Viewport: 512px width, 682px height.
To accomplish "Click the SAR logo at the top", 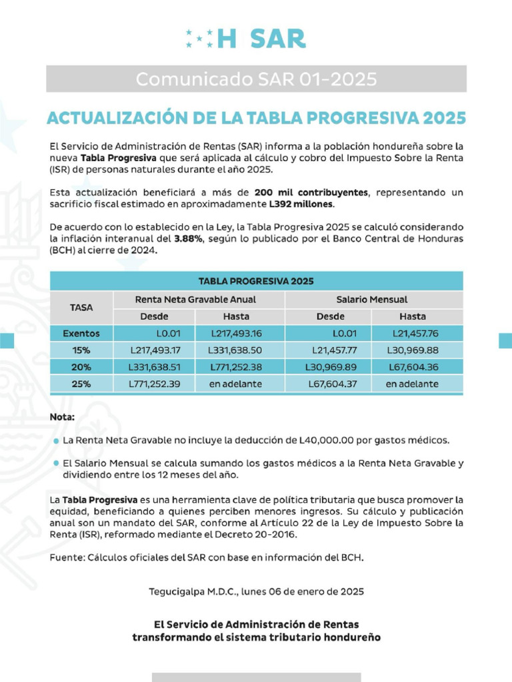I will pos(246,39).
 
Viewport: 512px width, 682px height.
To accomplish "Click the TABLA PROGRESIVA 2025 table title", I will pos(256,281).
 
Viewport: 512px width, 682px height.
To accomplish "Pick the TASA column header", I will pos(81,308).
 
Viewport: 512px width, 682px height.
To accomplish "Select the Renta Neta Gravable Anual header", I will pos(195,300).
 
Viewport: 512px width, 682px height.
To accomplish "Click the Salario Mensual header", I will pos(372,300).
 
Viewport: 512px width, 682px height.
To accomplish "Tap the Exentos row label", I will pos(81,333).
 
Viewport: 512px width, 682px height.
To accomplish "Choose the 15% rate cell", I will pos(81,350).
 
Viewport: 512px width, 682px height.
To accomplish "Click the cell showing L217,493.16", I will pos(236,333).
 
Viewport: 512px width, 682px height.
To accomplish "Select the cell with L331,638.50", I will pos(235,350).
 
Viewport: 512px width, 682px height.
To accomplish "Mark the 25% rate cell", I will pos(81,384).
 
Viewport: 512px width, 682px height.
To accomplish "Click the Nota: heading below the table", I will pos(63,417).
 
